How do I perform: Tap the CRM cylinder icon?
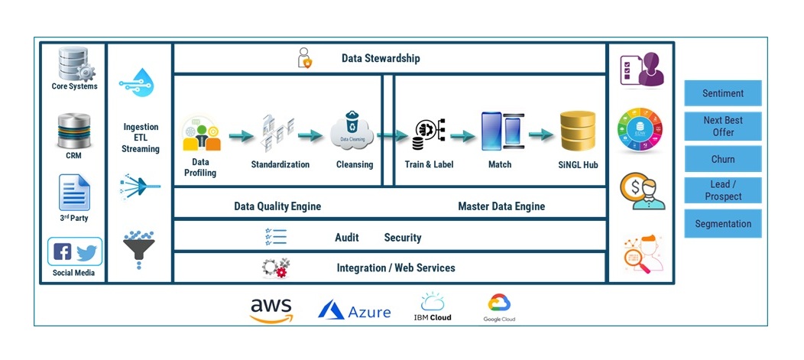[x=73, y=131]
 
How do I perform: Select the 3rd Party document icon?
[x=74, y=193]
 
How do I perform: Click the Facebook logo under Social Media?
[x=63, y=251]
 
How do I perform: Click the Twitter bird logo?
[x=86, y=251]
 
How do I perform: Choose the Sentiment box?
[x=722, y=93]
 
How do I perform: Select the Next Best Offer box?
[x=722, y=126]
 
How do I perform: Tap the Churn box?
[x=722, y=159]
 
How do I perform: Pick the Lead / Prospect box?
[x=722, y=191]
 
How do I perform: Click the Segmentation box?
[x=722, y=224]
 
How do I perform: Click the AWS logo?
[x=271, y=310]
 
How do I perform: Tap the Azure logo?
[x=355, y=310]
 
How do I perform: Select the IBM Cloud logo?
[x=432, y=306]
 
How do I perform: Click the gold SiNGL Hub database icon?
[x=577, y=131]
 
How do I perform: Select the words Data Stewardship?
[x=381, y=58]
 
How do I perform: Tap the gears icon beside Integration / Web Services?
[x=275, y=268]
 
